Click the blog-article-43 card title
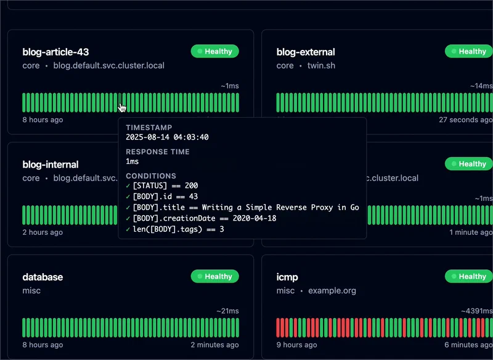tap(55, 52)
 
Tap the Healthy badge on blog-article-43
tap(214, 52)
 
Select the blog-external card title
tap(306, 52)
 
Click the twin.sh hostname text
tap(322, 65)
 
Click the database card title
tap(43, 277)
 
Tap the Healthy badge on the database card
tap(214, 277)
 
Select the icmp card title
tap(287, 277)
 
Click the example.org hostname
tap(332, 290)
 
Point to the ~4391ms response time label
tap(476, 312)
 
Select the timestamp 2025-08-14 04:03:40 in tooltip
tap(167, 137)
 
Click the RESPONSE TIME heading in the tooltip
tap(158, 152)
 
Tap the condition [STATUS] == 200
tap(165, 186)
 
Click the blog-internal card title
tap(51, 165)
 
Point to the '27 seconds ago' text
tap(465, 120)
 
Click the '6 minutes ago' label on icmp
tap(468, 345)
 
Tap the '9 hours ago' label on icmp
tap(298, 345)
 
